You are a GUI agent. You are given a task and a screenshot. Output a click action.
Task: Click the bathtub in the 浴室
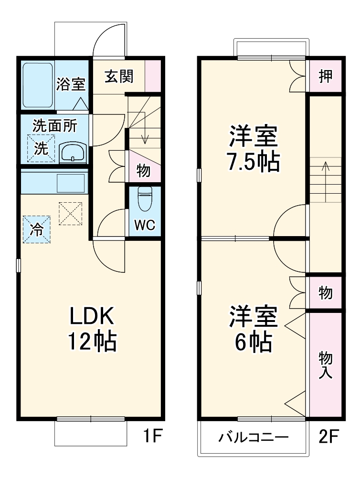[x=38, y=85]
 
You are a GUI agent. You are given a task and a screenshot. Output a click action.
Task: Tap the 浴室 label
[x=71, y=85]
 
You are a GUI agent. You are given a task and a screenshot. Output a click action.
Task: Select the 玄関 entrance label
[x=119, y=76]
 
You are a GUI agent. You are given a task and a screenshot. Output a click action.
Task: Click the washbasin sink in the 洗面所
[x=73, y=153]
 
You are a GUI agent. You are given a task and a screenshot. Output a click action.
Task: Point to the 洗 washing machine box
[x=41, y=148]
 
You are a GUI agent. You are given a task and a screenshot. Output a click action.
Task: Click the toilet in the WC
[x=145, y=198]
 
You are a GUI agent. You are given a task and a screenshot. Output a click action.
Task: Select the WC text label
[x=144, y=225]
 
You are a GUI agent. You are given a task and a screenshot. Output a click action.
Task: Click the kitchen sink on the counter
[x=71, y=183]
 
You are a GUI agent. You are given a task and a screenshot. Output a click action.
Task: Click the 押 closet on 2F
[x=325, y=76]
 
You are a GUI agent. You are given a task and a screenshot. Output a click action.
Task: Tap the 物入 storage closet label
[x=325, y=365]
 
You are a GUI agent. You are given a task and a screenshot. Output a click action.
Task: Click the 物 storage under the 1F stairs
[x=143, y=170]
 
